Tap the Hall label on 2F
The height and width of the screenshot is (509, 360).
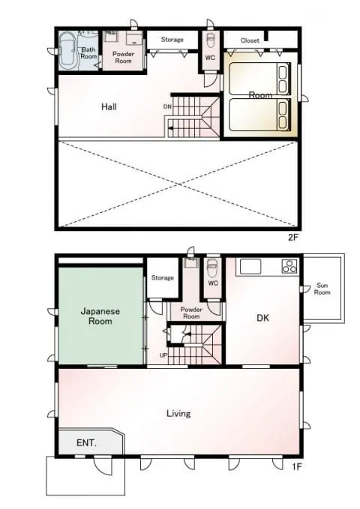109,106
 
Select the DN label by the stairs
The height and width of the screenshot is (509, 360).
167,106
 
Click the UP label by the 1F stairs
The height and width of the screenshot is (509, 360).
163,355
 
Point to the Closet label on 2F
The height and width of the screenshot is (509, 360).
250,40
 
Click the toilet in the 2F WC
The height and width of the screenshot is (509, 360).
210,40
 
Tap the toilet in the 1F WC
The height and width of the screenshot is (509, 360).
213,267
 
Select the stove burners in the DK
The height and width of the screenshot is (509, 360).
289,266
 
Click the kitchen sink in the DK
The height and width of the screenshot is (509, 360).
250,267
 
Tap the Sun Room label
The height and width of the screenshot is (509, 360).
322,289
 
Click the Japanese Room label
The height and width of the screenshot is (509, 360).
100,316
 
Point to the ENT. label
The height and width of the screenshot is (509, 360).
86,442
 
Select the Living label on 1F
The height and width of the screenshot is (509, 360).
178,413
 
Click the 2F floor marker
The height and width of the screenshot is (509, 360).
292,238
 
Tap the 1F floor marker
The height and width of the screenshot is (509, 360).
296,467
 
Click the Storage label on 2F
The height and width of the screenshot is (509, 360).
172,40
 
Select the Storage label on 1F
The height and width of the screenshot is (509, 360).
163,277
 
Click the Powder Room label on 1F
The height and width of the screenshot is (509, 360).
191,313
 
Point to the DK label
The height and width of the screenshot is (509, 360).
262,318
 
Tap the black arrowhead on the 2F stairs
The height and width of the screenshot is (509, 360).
170,129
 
